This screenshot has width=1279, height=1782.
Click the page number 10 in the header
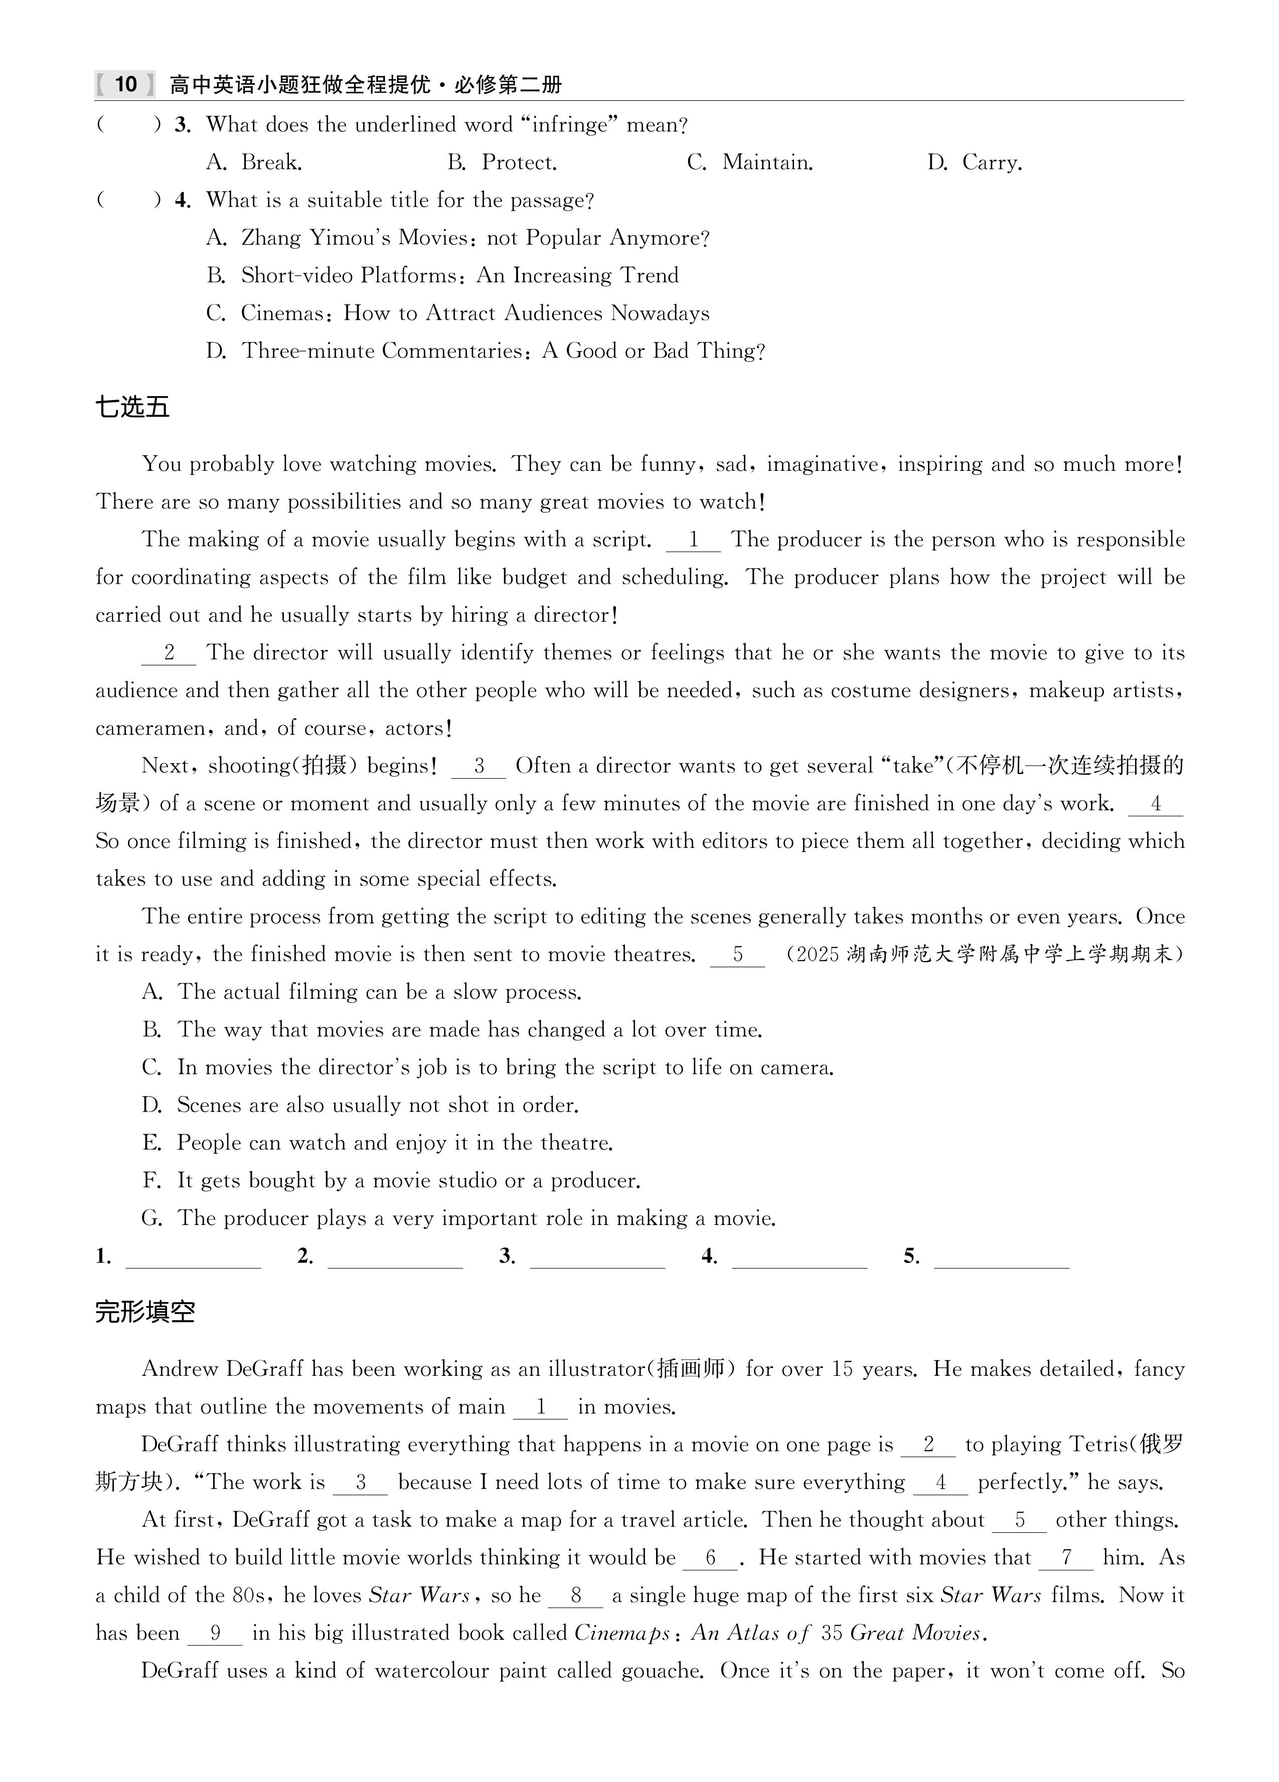click(126, 84)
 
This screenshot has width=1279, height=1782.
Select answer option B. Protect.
click(503, 162)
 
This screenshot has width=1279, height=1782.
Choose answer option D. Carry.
click(975, 162)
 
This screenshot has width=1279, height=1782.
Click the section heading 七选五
click(132, 407)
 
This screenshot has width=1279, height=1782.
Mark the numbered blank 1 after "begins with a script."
click(693, 540)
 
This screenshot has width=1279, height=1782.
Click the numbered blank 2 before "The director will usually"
click(168, 653)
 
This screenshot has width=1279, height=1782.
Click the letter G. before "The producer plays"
click(151, 1218)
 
